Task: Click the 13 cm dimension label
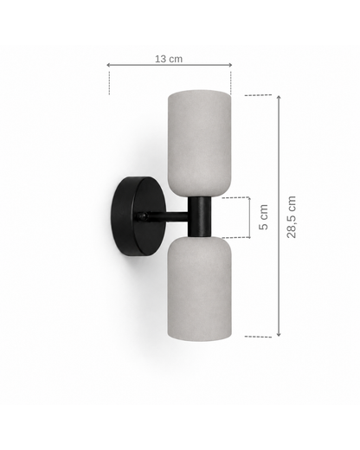pos(169,59)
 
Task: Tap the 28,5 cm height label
pos(292,217)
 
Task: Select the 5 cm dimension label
pos(263,217)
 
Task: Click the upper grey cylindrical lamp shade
pos(199,143)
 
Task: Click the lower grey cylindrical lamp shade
pos(199,288)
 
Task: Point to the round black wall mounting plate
pos(138,216)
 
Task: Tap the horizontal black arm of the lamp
pos(167,216)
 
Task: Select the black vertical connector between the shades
pos(199,216)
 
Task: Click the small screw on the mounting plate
pos(143,216)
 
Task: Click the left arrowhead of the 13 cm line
pos(108,65)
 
